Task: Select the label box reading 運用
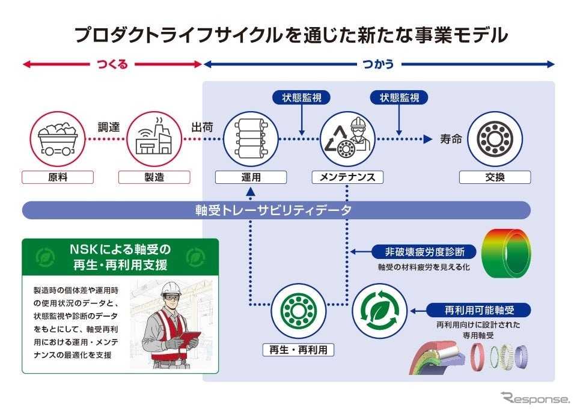(x=251, y=177)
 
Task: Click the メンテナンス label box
(x=347, y=177)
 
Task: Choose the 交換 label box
(x=495, y=177)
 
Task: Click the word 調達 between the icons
(x=109, y=127)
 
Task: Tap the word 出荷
(x=202, y=127)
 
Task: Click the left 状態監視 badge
(x=302, y=97)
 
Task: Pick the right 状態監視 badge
(x=399, y=97)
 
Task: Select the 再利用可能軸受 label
(x=478, y=310)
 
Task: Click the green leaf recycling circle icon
(x=379, y=311)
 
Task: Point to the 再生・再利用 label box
(x=298, y=350)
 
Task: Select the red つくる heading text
(x=112, y=64)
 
